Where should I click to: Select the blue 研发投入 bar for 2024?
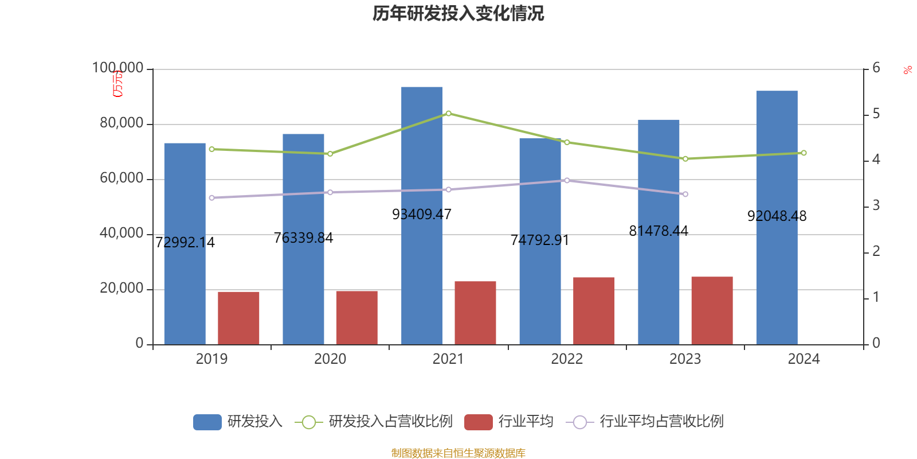(777, 218)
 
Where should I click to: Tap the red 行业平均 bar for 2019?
(238, 318)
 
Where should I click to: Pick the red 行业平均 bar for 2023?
(712, 310)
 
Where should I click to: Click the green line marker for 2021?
(448, 114)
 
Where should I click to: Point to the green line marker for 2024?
(804, 153)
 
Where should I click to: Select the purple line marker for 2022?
(567, 180)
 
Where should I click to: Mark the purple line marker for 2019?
(211, 198)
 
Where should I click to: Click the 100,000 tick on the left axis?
(118, 68)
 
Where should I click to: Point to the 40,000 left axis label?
(122, 234)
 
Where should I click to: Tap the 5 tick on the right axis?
(876, 114)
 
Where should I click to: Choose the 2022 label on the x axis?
(566, 359)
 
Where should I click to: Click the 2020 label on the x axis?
(330, 359)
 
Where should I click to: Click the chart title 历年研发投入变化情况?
(458, 14)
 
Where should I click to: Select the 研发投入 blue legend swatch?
(207, 422)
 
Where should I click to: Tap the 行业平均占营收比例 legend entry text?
(661, 422)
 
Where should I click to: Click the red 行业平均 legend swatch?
(478, 422)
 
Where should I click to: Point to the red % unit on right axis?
(907, 71)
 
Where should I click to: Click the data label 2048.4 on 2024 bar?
(777, 216)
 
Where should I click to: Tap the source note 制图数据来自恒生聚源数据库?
(458, 453)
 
